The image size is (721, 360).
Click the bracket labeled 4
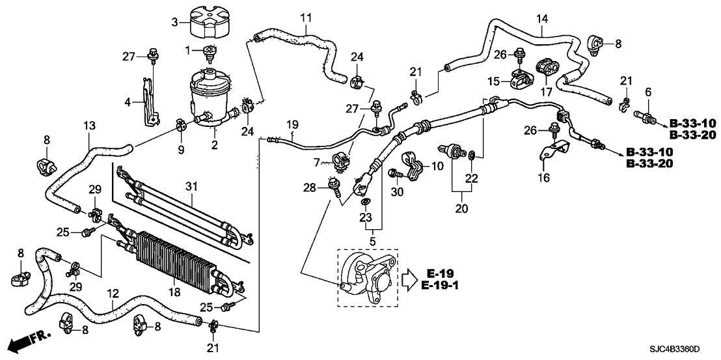coord(149,101)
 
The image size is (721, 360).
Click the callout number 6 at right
coord(647,93)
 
